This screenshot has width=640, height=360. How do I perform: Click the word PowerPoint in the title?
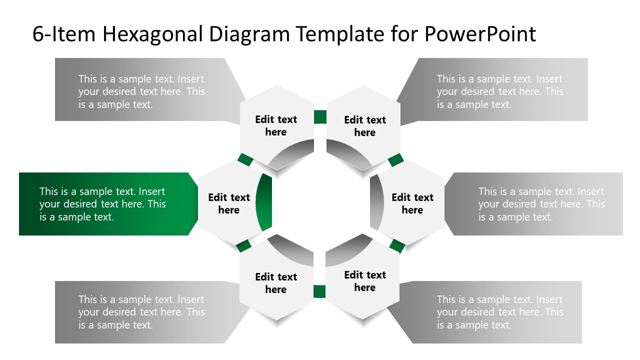click(x=480, y=34)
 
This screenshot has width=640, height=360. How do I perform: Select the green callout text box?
click(x=102, y=204)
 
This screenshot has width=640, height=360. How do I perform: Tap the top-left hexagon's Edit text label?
click(x=276, y=125)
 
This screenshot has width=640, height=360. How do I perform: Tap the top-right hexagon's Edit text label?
click(x=365, y=126)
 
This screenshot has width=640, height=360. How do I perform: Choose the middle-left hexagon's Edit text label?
click(x=229, y=203)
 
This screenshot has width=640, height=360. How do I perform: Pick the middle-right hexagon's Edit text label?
click(x=412, y=203)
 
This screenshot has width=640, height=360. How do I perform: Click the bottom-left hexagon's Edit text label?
click(x=276, y=283)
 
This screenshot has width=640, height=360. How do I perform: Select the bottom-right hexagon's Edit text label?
click(x=365, y=281)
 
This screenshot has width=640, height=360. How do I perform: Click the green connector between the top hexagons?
click(x=320, y=117)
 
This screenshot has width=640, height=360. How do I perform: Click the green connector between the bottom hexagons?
click(x=319, y=291)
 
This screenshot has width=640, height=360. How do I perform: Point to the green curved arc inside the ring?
click(x=263, y=202)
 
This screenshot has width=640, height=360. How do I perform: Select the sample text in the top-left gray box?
click(x=141, y=91)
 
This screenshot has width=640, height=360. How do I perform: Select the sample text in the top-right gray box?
click(x=500, y=91)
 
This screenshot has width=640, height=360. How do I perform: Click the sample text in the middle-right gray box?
click(x=541, y=204)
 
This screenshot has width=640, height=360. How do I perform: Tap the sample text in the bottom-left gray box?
click(x=141, y=312)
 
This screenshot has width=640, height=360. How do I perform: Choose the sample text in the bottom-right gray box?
click(x=500, y=312)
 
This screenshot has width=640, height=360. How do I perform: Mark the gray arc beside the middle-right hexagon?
click(x=376, y=202)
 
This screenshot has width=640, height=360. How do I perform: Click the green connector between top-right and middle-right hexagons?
click(x=395, y=160)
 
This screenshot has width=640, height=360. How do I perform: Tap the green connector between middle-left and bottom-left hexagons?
click(x=243, y=245)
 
